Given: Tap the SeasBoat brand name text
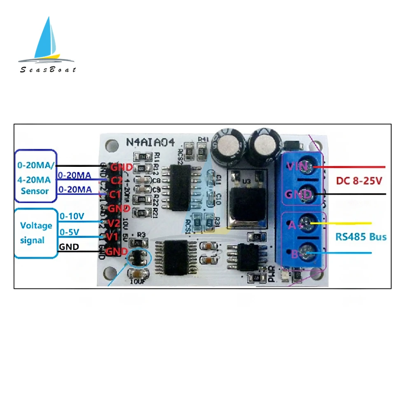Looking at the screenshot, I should pos(48,70).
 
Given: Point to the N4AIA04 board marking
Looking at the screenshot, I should pos(150,143).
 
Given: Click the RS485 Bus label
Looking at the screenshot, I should pos(360,237).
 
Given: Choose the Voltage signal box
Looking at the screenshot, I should pos(36,233).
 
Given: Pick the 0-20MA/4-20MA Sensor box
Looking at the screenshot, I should pos(35,176).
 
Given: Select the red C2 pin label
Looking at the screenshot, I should pos(115,180).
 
